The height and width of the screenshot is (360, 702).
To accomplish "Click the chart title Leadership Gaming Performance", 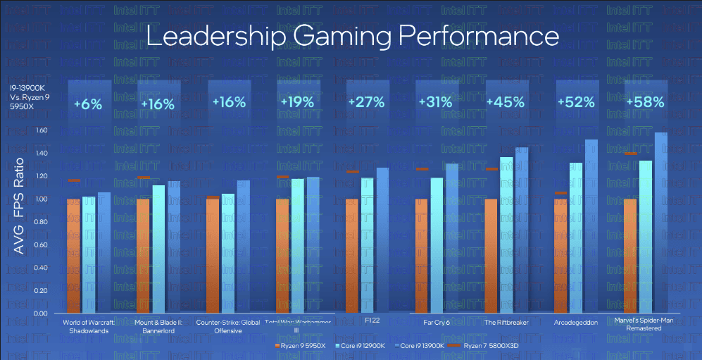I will point(352,37).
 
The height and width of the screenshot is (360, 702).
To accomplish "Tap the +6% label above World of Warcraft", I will point(88,104).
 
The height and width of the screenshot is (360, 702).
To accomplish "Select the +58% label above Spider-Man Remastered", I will point(649,101).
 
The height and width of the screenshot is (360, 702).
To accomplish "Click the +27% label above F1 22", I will point(370,102).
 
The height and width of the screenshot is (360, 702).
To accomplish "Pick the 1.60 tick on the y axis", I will point(40,130).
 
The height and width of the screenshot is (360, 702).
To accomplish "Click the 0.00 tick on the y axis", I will point(40,313).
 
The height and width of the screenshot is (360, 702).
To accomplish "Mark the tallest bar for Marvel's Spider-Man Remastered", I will point(660,223).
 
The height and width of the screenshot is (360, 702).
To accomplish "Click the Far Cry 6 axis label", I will point(437,322).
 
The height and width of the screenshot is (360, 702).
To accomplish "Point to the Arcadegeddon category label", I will point(575,322).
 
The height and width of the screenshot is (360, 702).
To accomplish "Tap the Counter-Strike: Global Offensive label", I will point(227,325).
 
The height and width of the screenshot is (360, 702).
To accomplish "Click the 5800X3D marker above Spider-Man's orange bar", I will point(631,154).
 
